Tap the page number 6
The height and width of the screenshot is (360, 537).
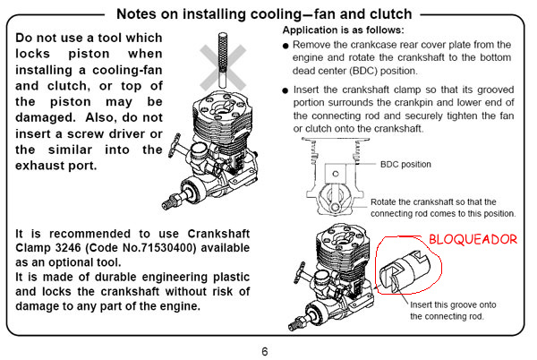click(x=265, y=350)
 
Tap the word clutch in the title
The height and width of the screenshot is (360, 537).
click(x=391, y=14)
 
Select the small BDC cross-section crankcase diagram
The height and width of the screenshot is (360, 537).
click(x=333, y=183)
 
